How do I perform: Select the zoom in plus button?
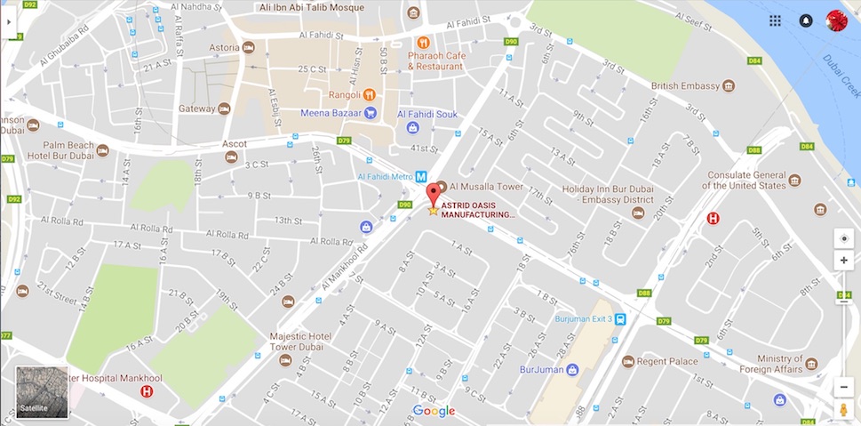point(843,261)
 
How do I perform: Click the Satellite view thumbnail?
point(42,392)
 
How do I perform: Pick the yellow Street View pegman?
point(843,410)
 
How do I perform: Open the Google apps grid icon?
point(775,20)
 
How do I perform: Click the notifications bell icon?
point(805,20)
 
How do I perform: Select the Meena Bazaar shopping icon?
point(371,113)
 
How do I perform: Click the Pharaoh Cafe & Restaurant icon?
point(424,42)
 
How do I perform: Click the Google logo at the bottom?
point(434,411)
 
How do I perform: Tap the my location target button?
point(843,238)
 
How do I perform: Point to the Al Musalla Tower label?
point(486,187)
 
